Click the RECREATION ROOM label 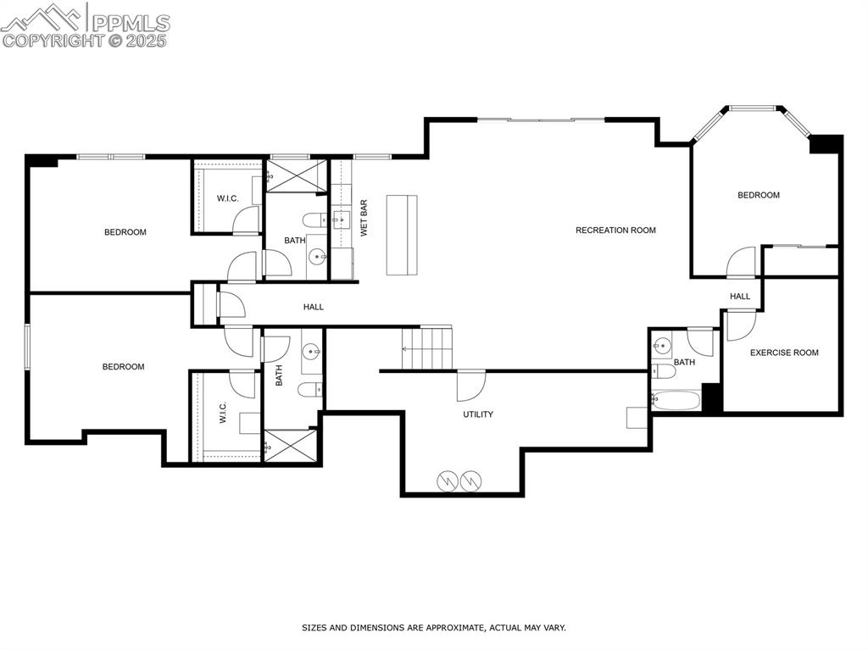pyautogui.click(x=615, y=230)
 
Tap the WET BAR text pyautogui.click(x=364, y=218)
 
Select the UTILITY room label pyautogui.click(x=477, y=414)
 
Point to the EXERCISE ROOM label pyautogui.click(x=784, y=353)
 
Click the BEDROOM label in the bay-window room pyautogui.click(x=758, y=195)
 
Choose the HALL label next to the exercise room pyautogui.click(x=740, y=297)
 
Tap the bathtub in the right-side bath pyautogui.click(x=676, y=399)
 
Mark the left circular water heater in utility pyautogui.click(x=447, y=481)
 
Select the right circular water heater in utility pyautogui.click(x=470, y=481)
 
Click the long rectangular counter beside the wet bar pyautogui.click(x=402, y=235)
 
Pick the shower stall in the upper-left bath pyautogui.click(x=296, y=178)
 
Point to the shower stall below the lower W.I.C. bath pyautogui.click(x=290, y=445)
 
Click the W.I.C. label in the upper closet pyautogui.click(x=227, y=199)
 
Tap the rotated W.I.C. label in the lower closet pyautogui.click(x=223, y=414)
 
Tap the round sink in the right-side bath pyautogui.click(x=663, y=345)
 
